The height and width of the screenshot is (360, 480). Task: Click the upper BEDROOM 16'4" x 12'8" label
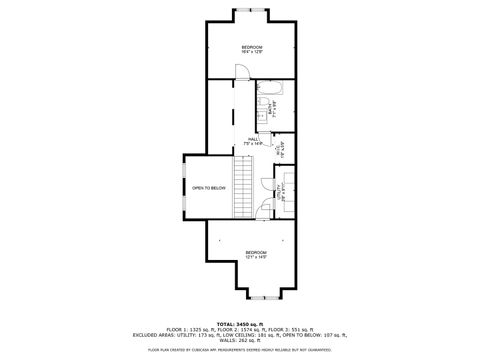click(252, 49)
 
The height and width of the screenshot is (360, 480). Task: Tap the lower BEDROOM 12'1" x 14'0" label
click(256, 254)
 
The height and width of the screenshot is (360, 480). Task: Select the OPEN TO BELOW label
click(209, 188)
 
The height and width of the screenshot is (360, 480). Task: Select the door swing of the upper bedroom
click(241, 71)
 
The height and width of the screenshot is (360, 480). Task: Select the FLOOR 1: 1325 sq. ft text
click(181, 329)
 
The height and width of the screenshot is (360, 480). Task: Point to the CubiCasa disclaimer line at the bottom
click(240, 350)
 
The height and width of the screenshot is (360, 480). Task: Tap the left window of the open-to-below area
click(184, 188)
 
